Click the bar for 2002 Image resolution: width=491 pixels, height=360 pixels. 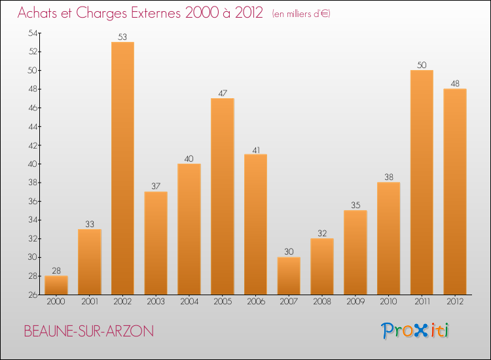[122, 168]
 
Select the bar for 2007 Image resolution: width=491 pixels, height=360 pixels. [289, 276]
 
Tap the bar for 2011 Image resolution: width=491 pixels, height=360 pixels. [422, 182]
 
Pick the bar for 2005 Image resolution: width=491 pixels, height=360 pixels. [222, 196]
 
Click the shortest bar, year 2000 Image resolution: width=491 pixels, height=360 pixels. [56, 285]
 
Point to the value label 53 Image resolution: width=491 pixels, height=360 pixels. [122, 37]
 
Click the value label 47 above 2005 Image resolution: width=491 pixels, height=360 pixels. [222, 94]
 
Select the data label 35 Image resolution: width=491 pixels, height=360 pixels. [355, 206]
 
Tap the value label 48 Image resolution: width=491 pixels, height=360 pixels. [454, 84]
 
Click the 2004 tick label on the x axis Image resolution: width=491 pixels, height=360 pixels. [189, 301]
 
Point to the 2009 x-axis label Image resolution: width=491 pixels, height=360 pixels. [355, 301]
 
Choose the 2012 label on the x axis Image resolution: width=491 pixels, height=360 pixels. [454, 301]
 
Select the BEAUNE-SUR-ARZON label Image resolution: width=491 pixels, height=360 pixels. [88, 331]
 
